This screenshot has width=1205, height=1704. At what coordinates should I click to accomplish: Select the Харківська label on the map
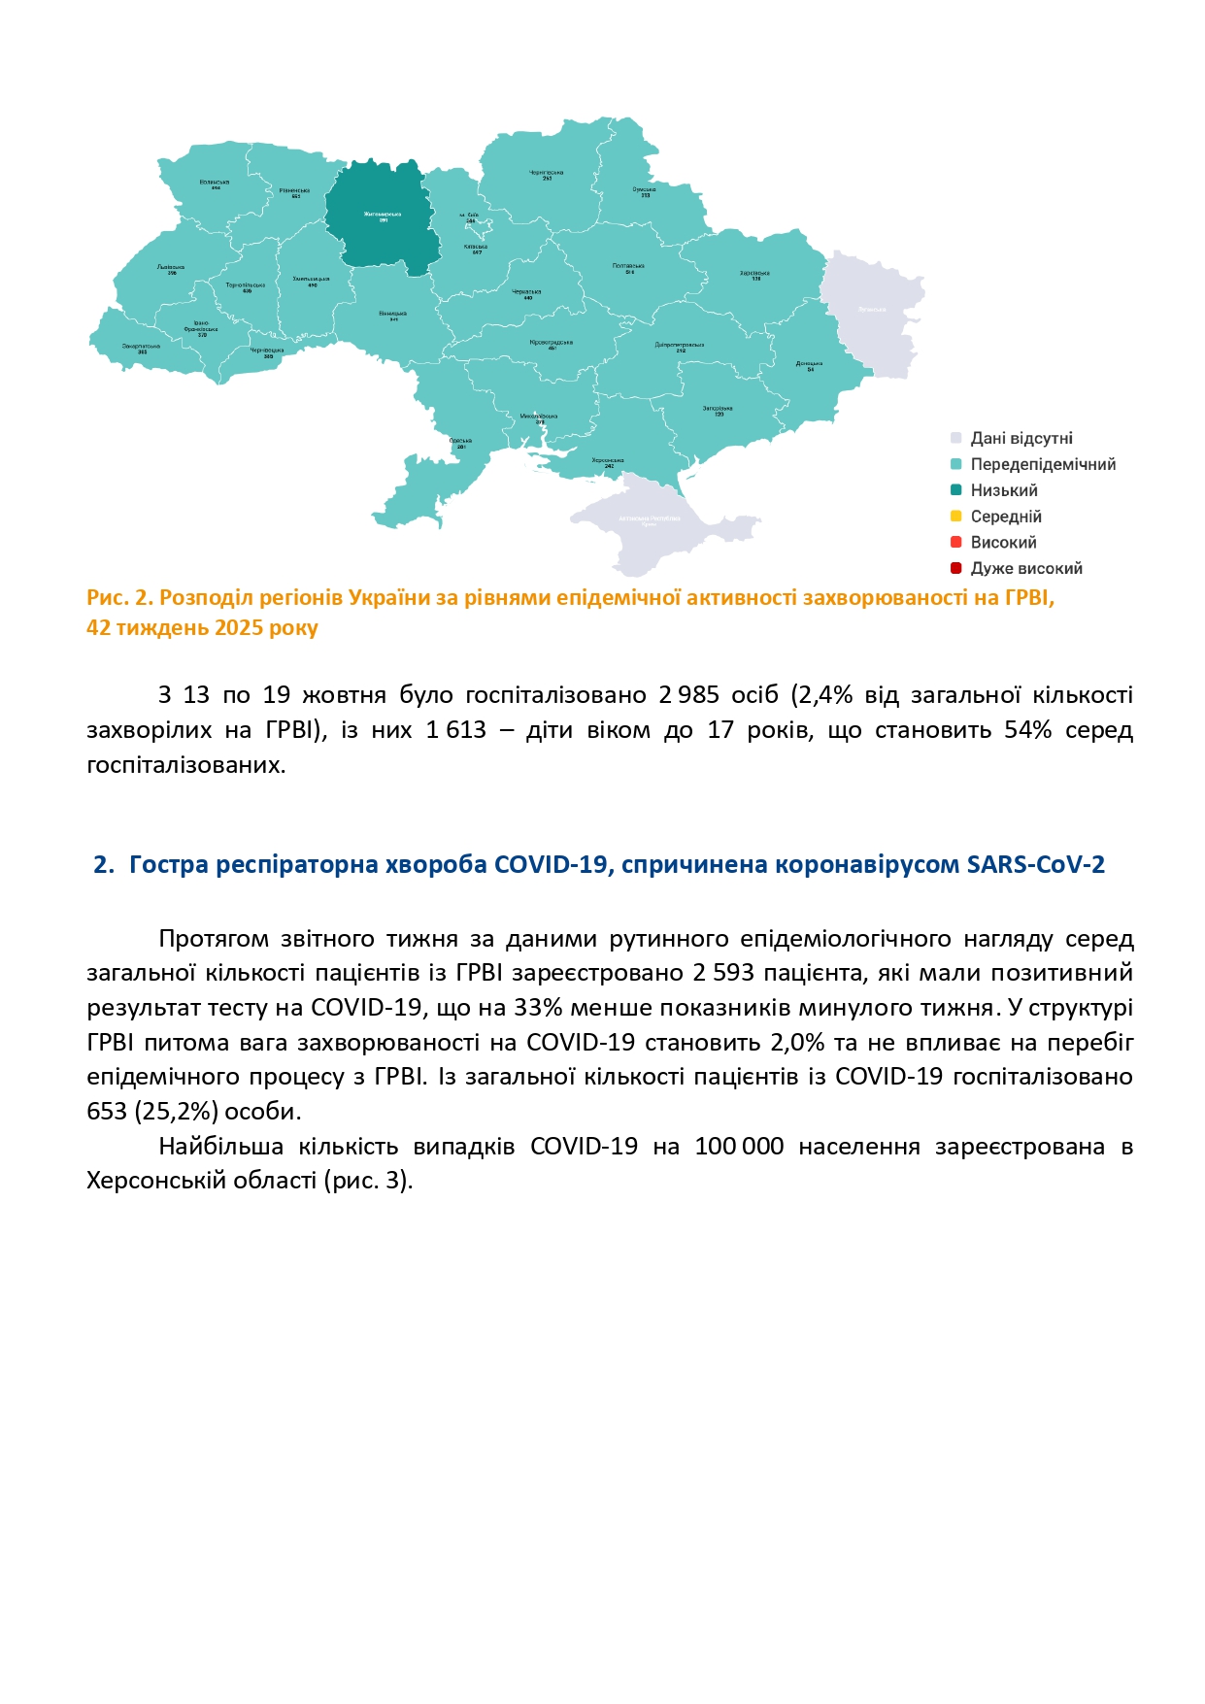[754, 275]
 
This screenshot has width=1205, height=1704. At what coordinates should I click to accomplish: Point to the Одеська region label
[461, 443]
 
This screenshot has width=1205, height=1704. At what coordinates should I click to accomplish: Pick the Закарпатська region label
[142, 348]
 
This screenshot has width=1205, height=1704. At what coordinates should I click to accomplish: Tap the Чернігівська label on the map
[547, 175]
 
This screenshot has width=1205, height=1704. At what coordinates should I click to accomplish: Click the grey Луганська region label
[872, 310]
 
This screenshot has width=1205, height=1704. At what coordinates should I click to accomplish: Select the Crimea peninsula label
[650, 519]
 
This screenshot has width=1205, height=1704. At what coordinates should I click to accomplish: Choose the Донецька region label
[810, 365]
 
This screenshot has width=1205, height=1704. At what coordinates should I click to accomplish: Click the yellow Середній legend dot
[955, 517]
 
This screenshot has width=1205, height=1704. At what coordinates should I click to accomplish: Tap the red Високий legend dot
[955, 542]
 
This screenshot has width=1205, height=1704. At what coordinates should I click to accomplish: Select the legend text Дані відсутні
[1021, 439]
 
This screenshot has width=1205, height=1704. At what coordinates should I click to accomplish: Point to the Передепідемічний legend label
[1043, 465]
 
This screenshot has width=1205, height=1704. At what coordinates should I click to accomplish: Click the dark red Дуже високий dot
[955, 568]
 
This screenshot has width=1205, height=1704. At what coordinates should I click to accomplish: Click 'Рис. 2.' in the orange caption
[119, 598]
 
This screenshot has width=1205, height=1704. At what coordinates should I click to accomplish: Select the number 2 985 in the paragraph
[688, 695]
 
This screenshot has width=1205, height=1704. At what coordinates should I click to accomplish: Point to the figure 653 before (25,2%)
[107, 1112]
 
